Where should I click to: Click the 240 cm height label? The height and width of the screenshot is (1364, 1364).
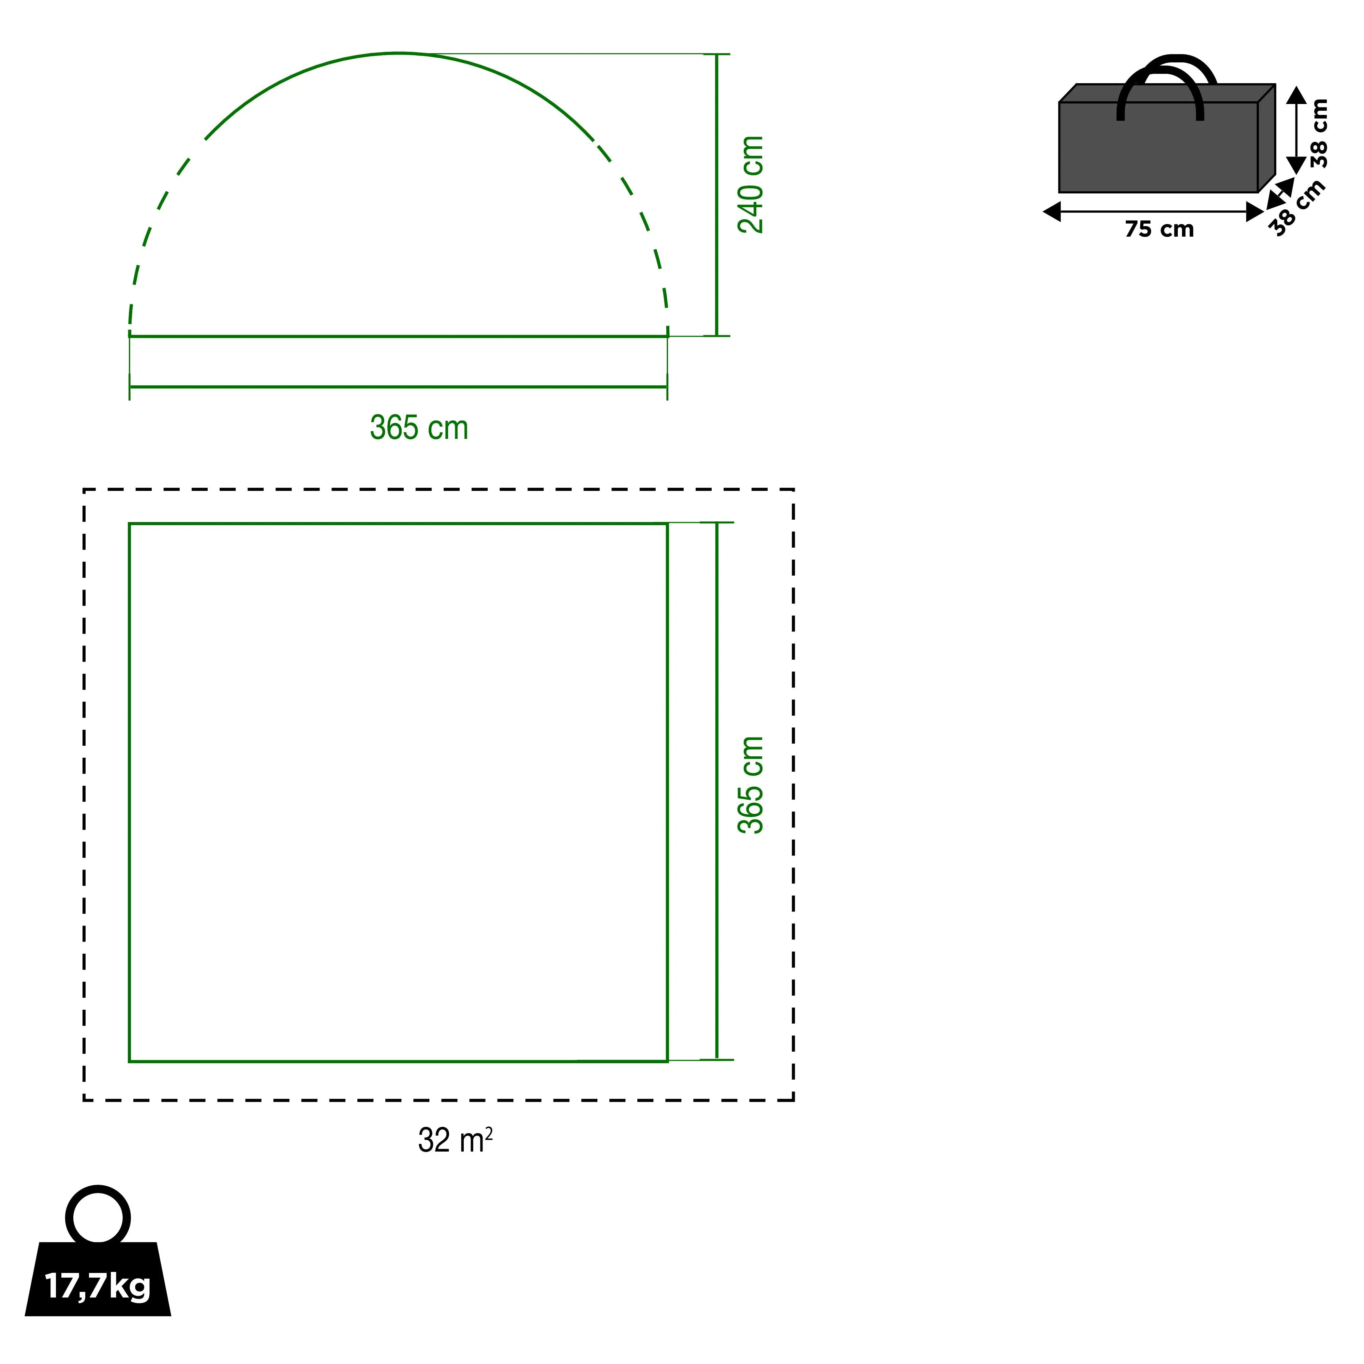pyautogui.click(x=751, y=185)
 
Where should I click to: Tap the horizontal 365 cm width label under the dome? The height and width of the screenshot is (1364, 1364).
pyautogui.click(x=419, y=428)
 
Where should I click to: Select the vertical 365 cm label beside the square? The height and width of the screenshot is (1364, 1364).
pyautogui.click(x=751, y=785)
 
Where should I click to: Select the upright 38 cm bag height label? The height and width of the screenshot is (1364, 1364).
pyautogui.click(x=1319, y=133)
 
